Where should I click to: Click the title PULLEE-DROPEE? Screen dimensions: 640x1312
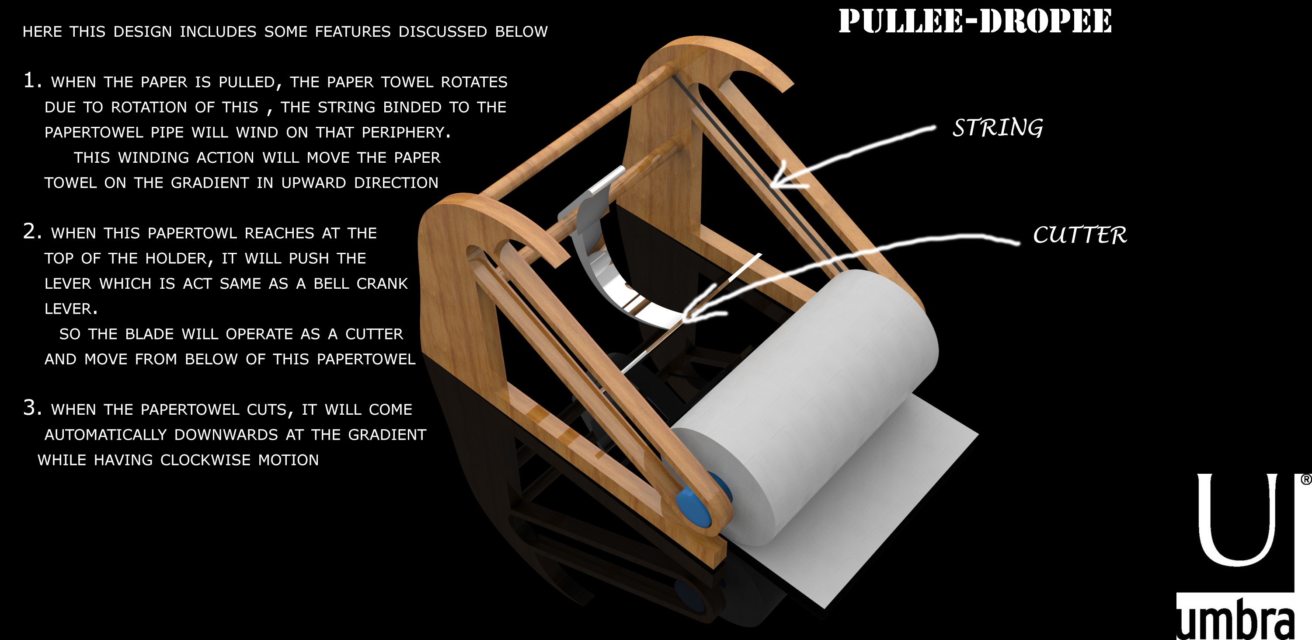[x=975, y=21]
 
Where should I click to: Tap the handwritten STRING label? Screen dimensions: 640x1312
[x=997, y=127]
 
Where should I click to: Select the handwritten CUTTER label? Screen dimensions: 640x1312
[x=1080, y=235]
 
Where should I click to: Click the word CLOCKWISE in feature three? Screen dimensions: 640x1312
[x=205, y=460]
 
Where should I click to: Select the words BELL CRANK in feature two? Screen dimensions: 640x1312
[x=361, y=284]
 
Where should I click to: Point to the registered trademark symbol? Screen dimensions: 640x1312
[x=1306, y=479]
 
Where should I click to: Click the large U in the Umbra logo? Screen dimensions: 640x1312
[x=1237, y=520]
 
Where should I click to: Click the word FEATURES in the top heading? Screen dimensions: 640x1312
[x=352, y=31]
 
